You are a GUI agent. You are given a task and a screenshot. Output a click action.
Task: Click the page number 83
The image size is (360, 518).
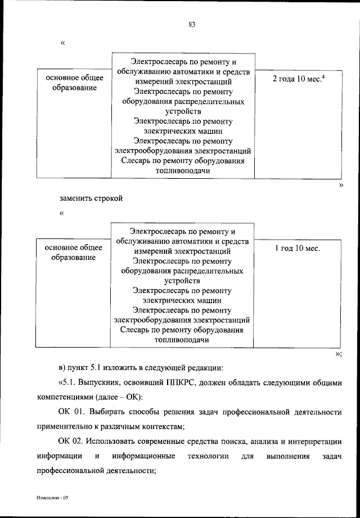191,24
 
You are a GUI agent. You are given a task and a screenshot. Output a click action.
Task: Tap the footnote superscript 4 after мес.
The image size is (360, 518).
324,76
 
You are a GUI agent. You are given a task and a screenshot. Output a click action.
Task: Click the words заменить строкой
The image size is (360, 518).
91,198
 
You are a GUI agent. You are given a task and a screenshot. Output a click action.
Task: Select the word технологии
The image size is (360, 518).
210,455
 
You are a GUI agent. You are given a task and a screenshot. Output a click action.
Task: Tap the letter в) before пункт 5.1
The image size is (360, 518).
62,368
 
